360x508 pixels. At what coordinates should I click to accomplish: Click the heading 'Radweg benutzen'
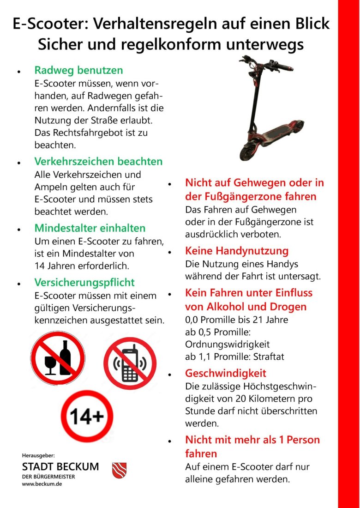pyautogui.click(x=78, y=71)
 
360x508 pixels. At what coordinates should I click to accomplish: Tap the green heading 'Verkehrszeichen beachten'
pyautogui.click(x=98, y=162)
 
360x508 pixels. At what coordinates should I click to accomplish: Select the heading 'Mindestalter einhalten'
pyautogui.click(x=90, y=228)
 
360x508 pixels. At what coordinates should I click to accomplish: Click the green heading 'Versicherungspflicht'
pyautogui.click(x=84, y=282)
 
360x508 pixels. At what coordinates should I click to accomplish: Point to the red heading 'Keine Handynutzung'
pyautogui.click(x=236, y=251)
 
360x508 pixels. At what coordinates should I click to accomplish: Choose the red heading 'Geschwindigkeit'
pyautogui.click(x=225, y=373)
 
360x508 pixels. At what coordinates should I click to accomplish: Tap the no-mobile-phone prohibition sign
pyautogui.click(x=130, y=363)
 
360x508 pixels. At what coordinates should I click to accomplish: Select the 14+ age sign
pyautogui.click(x=87, y=417)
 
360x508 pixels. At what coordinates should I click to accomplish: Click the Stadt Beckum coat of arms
pyautogui.click(x=119, y=470)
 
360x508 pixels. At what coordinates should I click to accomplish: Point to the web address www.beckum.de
pyautogui.click(x=42, y=484)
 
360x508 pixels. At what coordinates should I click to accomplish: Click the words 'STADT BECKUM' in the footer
pyautogui.click(x=60, y=466)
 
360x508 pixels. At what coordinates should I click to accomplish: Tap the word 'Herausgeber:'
pyautogui.click(x=38, y=455)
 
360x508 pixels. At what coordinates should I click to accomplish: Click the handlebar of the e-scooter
pyautogui.click(x=268, y=65)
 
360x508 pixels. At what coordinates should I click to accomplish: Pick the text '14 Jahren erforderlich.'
pyautogui.click(x=82, y=266)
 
